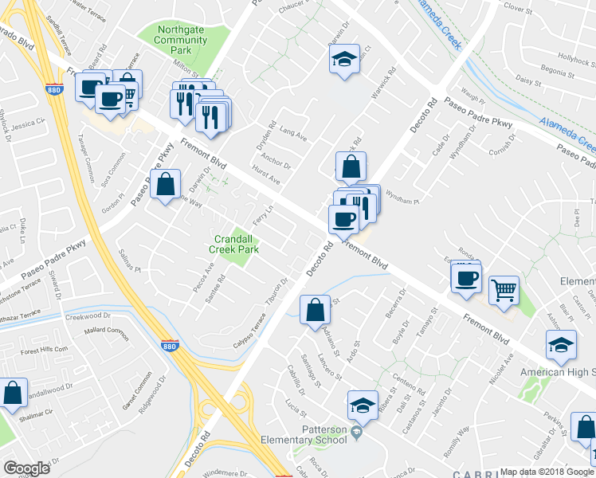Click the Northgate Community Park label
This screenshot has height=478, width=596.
[180, 40]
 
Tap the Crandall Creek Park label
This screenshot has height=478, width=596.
[235, 244]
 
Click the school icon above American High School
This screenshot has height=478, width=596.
[561, 344]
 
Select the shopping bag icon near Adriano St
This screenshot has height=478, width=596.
[315, 308]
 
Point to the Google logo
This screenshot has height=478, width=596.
[27, 468]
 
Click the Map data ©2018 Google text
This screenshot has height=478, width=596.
[547, 472]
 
